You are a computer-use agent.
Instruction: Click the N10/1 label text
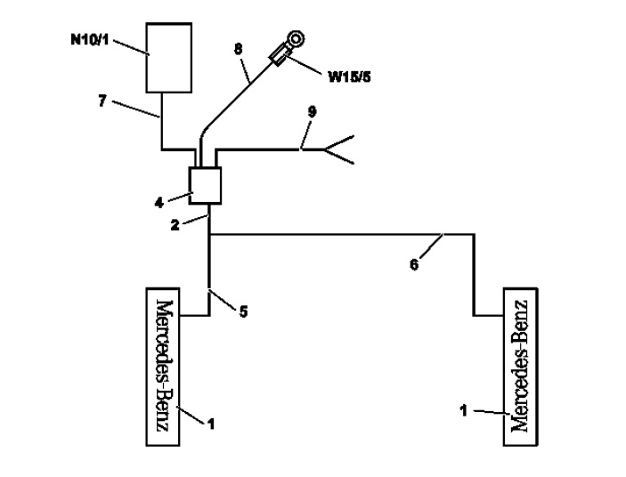(x=90, y=40)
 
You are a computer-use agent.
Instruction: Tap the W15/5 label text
(x=349, y=77)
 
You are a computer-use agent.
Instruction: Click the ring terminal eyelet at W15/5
(x=296, y=39)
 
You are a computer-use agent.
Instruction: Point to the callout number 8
(x=238, y=49)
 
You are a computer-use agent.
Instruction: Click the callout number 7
(x=102, y=101)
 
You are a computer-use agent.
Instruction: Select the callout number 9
(x=312, y=111)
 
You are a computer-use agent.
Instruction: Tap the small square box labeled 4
(x=205, y=185)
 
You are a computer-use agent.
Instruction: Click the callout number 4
(x=159, y=203)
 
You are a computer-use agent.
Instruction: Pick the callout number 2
(x=175, y=225)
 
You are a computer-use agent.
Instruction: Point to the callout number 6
(x=414, y=264)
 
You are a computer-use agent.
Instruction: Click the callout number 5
(x=243, y=311)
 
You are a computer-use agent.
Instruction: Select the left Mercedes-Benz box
(x=163, y=367)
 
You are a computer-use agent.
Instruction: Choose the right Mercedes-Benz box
(x=521, y=367)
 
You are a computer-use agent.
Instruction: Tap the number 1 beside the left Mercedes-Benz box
(x=211, y=424)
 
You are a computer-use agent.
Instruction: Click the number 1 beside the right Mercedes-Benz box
(x=464, y=410)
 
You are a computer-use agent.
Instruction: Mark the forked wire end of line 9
(x=339, y=150)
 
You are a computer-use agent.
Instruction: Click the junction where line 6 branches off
(x=209, y=235)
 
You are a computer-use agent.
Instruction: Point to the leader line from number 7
(x=135, y=109)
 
